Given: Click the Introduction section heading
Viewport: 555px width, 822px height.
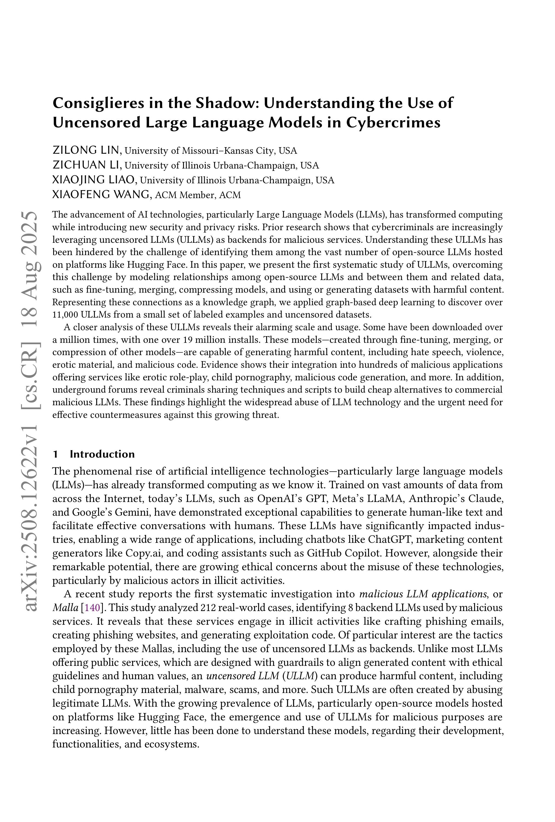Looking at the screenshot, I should click(102, 454).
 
